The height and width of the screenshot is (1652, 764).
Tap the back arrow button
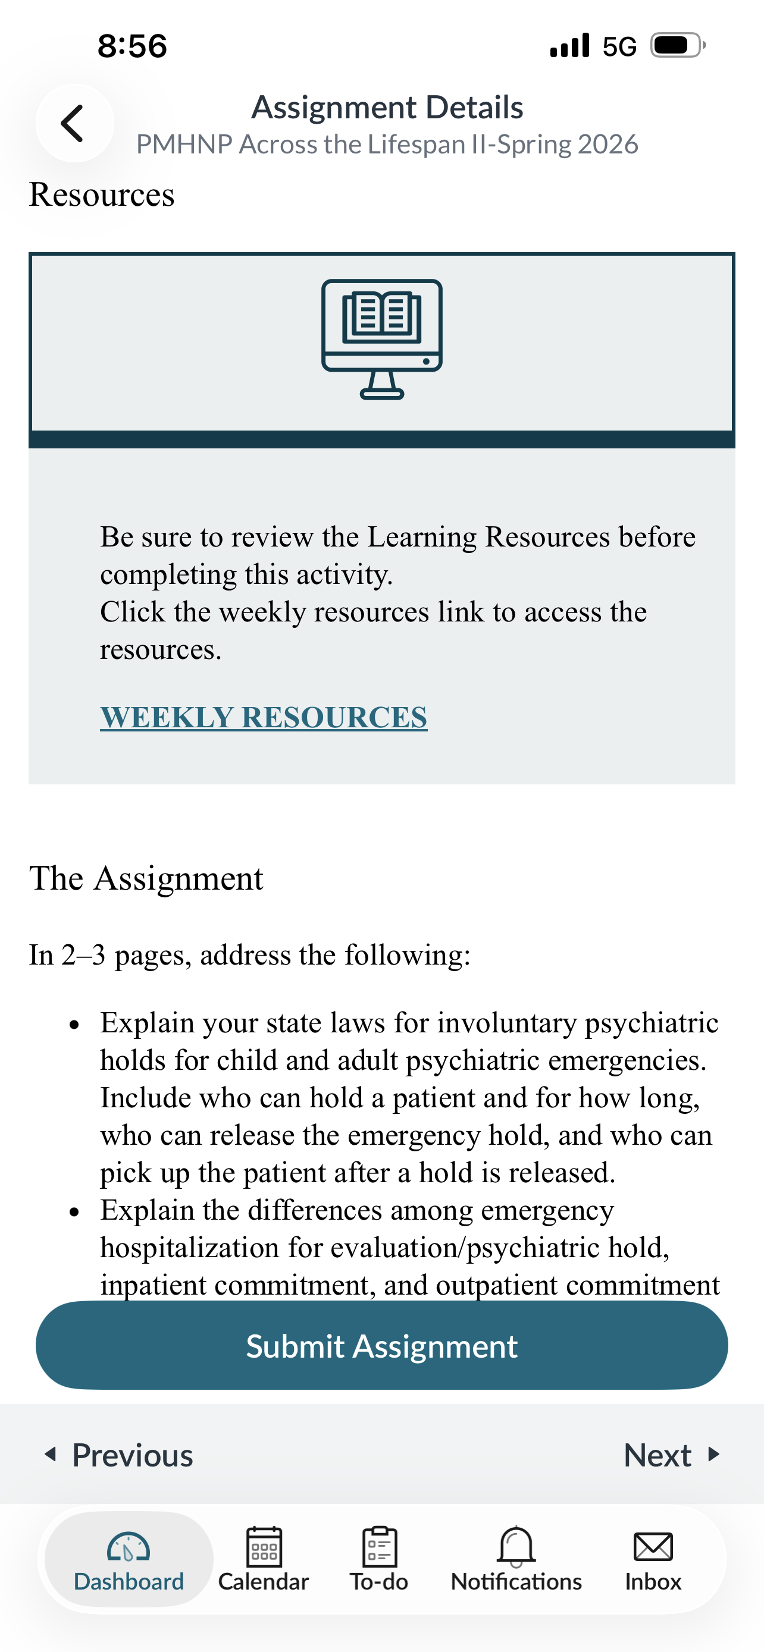(x=74, y=123)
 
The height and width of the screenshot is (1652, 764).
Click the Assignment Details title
(x=387, y=107)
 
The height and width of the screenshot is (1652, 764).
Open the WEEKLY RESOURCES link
(x=263, y=717)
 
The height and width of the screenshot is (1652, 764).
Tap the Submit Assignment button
(x=381, y=1346)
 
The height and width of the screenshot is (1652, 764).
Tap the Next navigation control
(x=671, y=1455)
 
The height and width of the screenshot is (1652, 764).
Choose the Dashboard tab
(x=129, y=1559)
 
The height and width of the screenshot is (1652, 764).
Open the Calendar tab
(x=264, y=1559)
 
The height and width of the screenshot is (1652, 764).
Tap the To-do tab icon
(x=379, y=1547)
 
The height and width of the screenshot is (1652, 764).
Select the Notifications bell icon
(x=516, y=1546)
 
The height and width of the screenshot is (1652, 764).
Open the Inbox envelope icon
(x=653, y=1547)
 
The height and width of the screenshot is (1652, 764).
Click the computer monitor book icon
(x=381, y=339)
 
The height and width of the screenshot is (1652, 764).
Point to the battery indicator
(x=677, y=46)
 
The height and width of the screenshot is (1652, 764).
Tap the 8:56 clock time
(x=132, y=46)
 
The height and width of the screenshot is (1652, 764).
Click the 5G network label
(x=619, y=46)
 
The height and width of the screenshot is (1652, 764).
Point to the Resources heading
(x=101, y=194)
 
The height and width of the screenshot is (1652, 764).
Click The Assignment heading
(x=146, y=878)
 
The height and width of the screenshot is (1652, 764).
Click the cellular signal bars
(x=569, y=46)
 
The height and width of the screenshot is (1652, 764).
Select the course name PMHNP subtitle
(x=387, y=145)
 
